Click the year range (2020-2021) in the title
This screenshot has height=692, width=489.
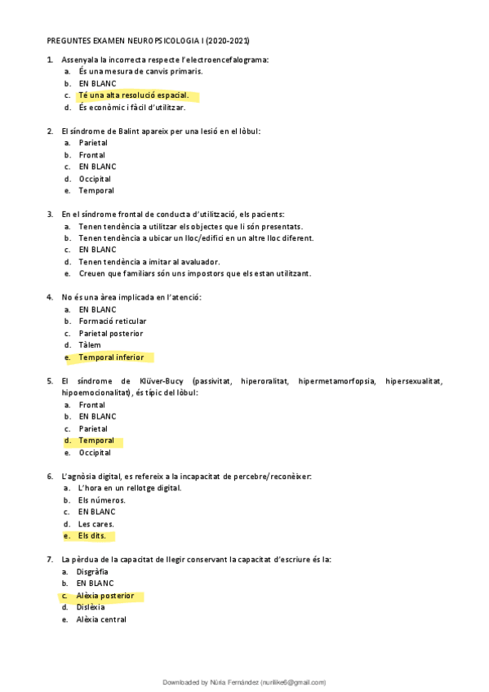[x=228, y=40]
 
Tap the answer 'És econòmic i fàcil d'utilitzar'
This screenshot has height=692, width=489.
[x=131, y=107]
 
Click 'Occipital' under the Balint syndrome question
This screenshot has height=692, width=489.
[x=95, y=179]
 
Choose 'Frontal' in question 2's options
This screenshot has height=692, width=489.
[x=91, y=154]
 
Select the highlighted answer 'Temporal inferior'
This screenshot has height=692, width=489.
[x=111, y=357]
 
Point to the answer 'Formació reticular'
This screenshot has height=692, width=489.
[x=113, y=322]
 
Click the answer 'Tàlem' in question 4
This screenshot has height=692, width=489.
[x=91, y=345]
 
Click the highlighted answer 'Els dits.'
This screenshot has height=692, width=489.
[x=92, y=536]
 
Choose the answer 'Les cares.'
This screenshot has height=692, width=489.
[x=96, y=524]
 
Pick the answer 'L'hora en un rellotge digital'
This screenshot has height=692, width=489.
[x=130, y=488]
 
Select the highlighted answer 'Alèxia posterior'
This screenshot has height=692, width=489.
[x=106, y=596]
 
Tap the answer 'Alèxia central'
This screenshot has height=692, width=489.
[x=102, y=619]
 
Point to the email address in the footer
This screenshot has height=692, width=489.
[x=293, y=682]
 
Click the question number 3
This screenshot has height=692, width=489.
[x=50, y=214]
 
